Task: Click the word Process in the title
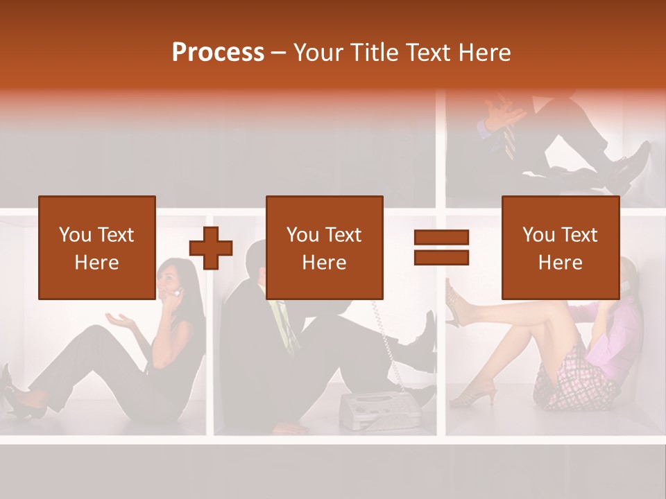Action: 218,53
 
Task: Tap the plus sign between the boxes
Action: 211,247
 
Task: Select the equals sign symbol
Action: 441,247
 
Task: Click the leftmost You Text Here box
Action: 97,247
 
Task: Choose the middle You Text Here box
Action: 325,247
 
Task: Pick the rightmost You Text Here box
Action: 561,247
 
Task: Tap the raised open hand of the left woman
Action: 119,320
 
